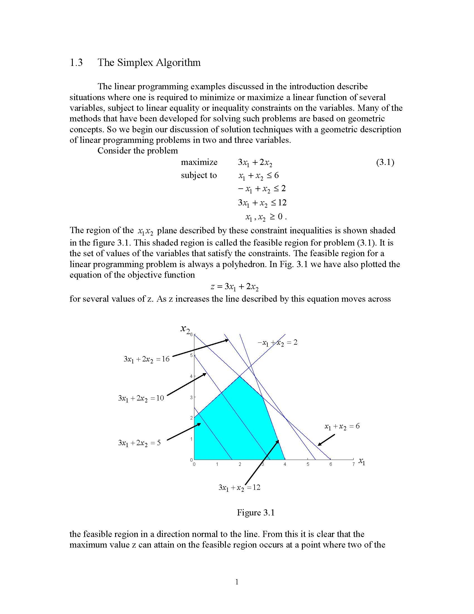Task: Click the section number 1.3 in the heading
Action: point(76,63)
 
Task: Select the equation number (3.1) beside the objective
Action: point(385,162)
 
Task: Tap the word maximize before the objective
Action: point(199,162)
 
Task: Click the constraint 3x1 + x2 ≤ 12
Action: point(262,203)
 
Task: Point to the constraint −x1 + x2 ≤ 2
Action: point(262,189)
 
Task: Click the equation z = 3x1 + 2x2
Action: point(234,287)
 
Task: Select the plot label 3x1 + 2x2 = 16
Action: point(147,359)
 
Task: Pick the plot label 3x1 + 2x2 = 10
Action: point(141,398)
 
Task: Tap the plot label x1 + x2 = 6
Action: point(342,426)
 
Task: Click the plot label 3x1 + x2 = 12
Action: point(239,488)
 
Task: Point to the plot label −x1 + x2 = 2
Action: point(277,343)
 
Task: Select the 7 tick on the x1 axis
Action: point(354,464)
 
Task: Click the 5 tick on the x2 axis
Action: point(192,355)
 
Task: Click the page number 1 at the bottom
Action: point(237,582)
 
